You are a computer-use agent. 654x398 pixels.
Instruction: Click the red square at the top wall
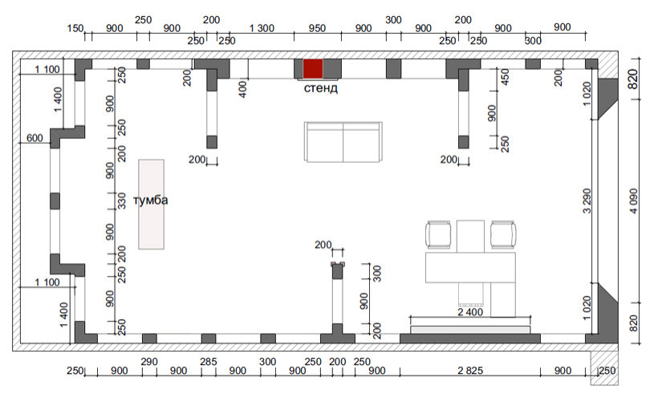pyautogui.click(x=313, y=68)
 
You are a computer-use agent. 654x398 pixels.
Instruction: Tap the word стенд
pyautogui.click(x=320, y=88)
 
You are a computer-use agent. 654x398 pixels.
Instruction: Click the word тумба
pyautogui.click(x=151, y=200)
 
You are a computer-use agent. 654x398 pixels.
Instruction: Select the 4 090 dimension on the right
pyautogui.click(x=634, y=201)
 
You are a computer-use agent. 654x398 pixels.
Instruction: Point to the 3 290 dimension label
pyautogui.click(x=587, y=201)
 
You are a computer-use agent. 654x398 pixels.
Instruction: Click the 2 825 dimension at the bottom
pyautogui.click(x=470, y=371)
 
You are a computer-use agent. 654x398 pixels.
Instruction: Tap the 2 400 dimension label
pyautogui.click(x=470, y=311)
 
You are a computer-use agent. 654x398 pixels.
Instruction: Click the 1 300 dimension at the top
pyautogui.click(x=262, y=28)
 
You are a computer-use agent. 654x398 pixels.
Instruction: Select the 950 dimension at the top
pyautogui.click(x=317, y=28)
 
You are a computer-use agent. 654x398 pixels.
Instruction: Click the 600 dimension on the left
pyautogui.click(x=35, y=138)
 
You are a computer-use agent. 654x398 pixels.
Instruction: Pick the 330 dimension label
pyautogui.click(x=121, y=201)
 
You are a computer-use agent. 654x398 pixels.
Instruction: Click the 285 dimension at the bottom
pyautogui.click(x=208, y=361)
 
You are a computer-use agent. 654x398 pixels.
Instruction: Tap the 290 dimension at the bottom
pyautogui.click(x=149, y=361)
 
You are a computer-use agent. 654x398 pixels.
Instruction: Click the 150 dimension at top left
pyautogui.click(x=75, y=28)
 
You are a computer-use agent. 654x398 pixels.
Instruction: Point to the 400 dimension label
pyautogui.click(x=242, y=89)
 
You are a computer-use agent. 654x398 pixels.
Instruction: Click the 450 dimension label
pyautogui.click(x=505, y=77)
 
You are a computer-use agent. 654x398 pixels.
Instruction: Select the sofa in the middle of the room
pyautogui.click(x=343, y=142)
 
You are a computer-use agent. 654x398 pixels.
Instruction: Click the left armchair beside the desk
pyautogui.click(x=438, y=234)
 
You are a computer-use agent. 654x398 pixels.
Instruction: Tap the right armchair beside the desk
pyautogui.click(x=503, y=234)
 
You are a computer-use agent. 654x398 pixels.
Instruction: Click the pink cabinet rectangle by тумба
pyautogui.click(x=151, y=205)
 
